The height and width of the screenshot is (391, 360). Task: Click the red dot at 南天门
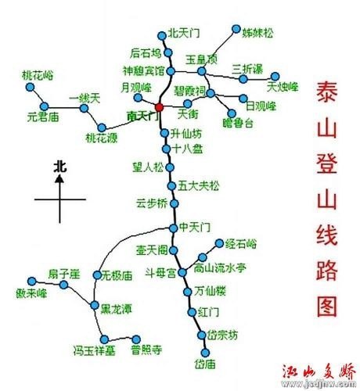[159, 106]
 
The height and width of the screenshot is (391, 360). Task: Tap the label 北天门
[185, 34]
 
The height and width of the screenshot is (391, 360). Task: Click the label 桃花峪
[37, 75]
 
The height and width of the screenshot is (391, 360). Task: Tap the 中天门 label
[195, 228]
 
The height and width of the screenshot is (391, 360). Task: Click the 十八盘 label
[188, 148]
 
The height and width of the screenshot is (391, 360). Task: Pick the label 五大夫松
[199, 185]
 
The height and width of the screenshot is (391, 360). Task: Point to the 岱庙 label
[204, 364]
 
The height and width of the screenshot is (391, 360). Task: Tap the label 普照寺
[146, 349]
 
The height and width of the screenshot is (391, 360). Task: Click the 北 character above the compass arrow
[60, 166]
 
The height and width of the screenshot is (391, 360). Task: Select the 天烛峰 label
[283, 86]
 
